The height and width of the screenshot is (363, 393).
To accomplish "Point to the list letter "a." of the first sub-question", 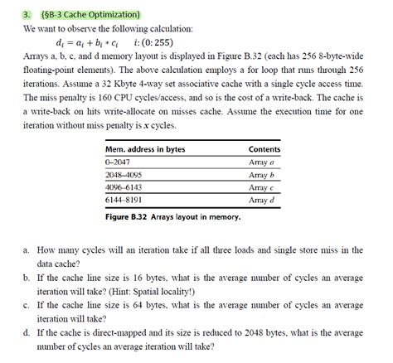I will pyautogui.click(x=27, y=249).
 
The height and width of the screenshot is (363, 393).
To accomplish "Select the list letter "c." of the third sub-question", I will pyautogui.click(x=27, y=304).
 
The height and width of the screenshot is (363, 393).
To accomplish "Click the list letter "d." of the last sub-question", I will pyautogui.click(x=27, y=332).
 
